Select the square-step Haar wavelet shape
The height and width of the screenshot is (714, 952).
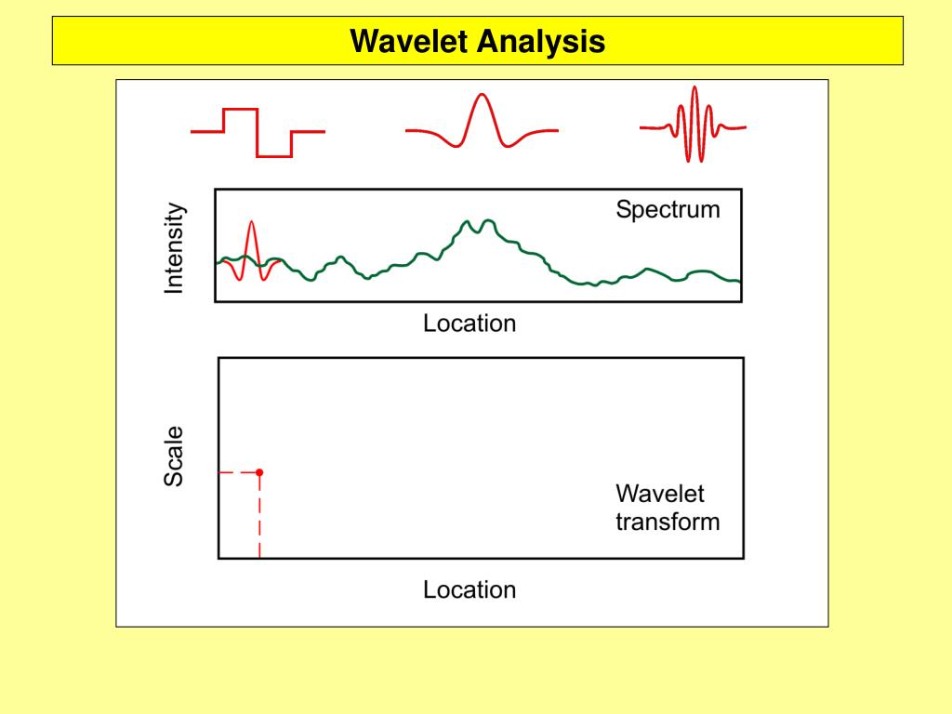coord(258,132)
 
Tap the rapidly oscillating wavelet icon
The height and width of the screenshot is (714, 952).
coord(693,125)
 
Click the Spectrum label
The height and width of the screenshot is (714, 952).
coord(668,209)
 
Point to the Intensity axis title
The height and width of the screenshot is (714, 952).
coord(174,250)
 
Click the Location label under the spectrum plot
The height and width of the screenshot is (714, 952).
coord(469,324)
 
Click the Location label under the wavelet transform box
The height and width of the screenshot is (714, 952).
coord(469,589)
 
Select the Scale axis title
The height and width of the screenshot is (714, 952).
coord(174,456)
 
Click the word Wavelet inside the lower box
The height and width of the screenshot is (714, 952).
coord(660,494)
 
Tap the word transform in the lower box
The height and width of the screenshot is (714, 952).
coord(668,521)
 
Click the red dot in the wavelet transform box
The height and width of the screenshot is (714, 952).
coord(259,472)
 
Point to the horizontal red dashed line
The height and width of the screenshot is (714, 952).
coord(238,472)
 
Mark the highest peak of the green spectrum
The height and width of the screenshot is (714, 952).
coord(469,222)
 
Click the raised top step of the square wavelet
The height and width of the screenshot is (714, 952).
coord(241,110)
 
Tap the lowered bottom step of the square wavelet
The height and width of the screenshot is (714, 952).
coord(274,155)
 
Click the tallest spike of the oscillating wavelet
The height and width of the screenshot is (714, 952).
coord(694,90)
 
